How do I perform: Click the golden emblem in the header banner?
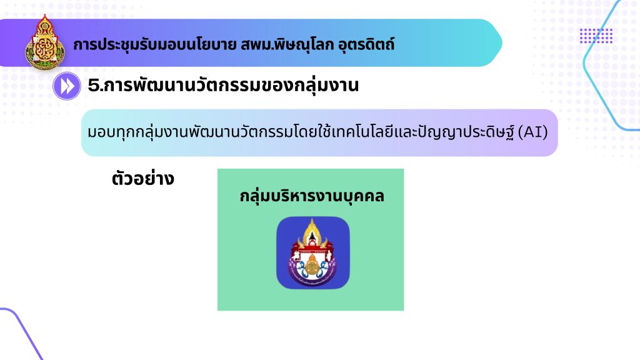(x=44, y=43)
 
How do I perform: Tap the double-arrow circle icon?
(x=66, y=86)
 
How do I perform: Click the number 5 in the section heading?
(x=94, y=85)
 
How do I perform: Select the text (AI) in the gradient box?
(x=532, y=132)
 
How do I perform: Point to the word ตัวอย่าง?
(x=143, y=178)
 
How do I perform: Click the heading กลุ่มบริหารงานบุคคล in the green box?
(x=312, y=196)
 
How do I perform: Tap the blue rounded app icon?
(x=313, y=252)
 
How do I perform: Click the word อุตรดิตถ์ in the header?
(x=366, y=44)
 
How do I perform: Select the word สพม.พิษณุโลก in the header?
(x=287, y=44)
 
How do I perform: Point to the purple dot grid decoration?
(x=596, y=36)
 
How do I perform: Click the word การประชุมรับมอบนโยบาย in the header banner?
(x=155, y=44)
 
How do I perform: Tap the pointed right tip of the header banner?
(x=502, y=43)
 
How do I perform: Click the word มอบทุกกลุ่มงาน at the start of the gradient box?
(x=138, y=132)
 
